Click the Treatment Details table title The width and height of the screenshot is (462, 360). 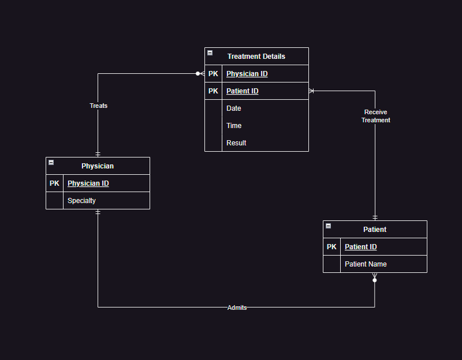(256, 57)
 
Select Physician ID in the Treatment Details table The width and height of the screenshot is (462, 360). (247, 74)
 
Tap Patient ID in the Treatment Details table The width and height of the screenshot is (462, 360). (243, 91)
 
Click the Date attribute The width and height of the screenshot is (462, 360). (234, 108)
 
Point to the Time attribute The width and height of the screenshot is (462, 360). (234, 126)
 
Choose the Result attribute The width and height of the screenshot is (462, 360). (236, 143)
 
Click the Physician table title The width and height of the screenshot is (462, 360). (98, 166)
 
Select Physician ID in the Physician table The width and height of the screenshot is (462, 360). (88, 183)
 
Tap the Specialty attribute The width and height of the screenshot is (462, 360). (82, 201)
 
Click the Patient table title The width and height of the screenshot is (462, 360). (375, 230)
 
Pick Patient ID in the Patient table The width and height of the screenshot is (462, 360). (361, 247)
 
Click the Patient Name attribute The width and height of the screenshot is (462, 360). (366, 264)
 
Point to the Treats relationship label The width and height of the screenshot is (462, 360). (98, 106)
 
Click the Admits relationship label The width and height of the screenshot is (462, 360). (237, 307)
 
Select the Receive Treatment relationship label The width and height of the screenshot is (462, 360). (376, 116)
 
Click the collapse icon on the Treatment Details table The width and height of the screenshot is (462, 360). (210, 53)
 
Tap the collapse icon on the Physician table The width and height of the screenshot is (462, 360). (51, 163)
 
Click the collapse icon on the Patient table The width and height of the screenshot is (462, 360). (328, 226)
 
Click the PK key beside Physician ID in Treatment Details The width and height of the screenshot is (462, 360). (213, 74)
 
